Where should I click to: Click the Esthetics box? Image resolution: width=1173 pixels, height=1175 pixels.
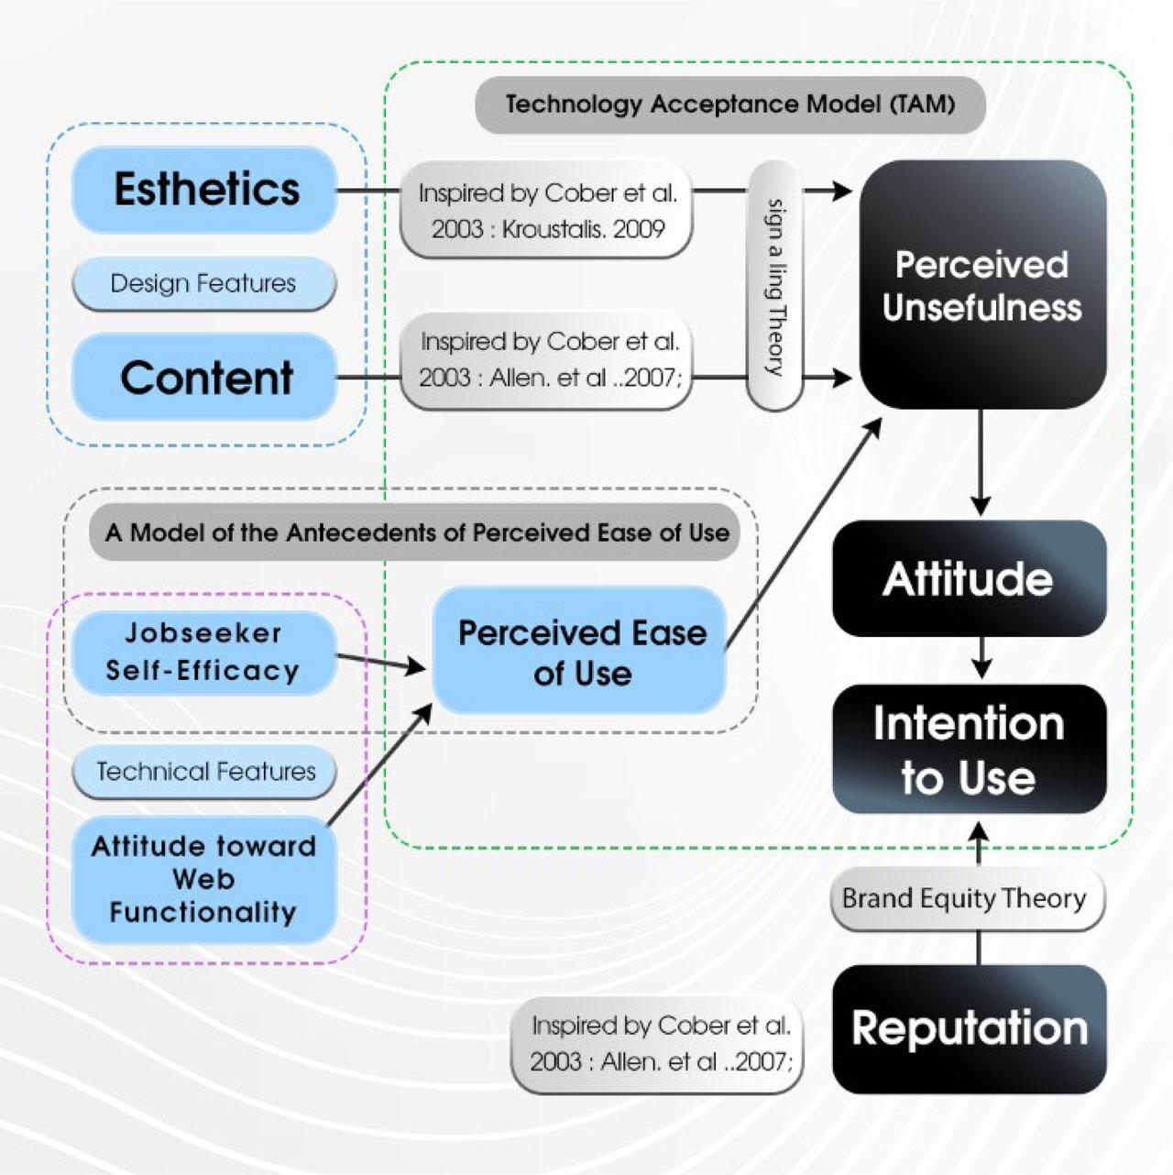205,190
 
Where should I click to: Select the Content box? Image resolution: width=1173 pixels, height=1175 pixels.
205,378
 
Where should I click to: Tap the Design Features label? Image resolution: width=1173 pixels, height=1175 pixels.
203,283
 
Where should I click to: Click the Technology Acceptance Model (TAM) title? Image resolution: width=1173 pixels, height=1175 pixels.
729,104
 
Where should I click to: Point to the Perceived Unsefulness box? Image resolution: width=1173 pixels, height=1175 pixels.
981,285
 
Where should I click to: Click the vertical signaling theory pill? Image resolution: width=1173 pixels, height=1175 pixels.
775,286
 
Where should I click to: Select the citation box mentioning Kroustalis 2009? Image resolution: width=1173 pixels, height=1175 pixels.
547,211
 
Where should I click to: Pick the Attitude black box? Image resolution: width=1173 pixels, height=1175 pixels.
969,579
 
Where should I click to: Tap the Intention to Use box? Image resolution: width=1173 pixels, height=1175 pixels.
969,750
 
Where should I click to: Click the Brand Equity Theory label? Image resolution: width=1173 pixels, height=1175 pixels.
964,898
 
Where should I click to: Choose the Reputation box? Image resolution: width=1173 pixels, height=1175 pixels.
969,1028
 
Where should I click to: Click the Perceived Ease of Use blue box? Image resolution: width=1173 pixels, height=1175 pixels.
581,653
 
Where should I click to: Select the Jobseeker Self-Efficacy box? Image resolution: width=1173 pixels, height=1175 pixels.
203,652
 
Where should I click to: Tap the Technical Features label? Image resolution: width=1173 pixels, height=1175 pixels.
205,772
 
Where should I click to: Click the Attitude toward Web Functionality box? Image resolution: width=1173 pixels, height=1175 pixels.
203,879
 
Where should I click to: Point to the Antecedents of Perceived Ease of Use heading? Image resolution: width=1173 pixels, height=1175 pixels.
417,533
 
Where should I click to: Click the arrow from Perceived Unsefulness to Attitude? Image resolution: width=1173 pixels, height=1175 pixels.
981,463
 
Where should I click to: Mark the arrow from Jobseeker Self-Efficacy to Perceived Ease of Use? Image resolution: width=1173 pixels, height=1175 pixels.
381,663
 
